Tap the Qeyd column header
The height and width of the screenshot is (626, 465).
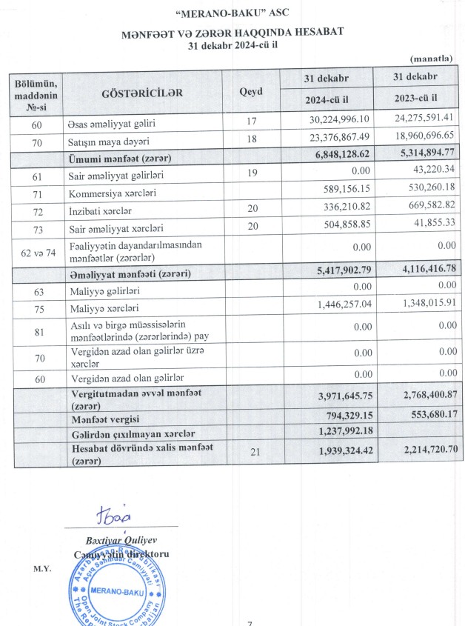251,93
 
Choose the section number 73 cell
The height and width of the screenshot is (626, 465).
37,229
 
